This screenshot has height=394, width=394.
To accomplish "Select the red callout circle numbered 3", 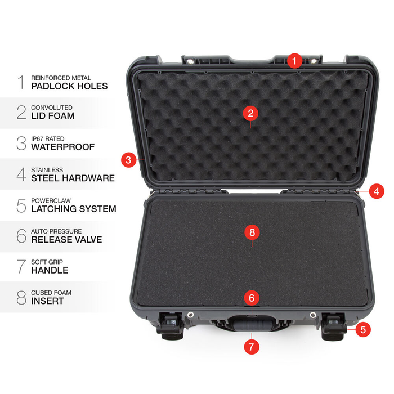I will coord(129,160).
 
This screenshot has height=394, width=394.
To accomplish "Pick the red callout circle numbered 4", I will coord(377,191).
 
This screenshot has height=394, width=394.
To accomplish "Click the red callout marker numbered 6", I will coord(251,297).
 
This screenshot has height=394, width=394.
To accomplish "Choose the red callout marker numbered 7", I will coord(251,346).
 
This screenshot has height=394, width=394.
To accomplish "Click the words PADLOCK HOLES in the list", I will coord(69,86).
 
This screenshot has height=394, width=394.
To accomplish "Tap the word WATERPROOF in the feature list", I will coord(62,147).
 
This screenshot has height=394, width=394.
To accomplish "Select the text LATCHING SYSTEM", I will coord(73,209).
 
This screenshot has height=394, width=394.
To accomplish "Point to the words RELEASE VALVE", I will coord(66,239).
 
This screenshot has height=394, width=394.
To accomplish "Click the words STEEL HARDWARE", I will coord(73,178).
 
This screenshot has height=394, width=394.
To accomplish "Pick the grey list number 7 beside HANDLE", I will coord(21,266).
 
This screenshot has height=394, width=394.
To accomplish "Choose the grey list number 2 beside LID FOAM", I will coord(21,113).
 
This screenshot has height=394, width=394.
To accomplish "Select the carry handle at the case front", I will coord(251,326).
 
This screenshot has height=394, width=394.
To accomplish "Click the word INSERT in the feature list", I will coord(47,301).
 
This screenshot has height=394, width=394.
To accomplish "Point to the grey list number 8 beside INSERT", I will coord(21,297).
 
